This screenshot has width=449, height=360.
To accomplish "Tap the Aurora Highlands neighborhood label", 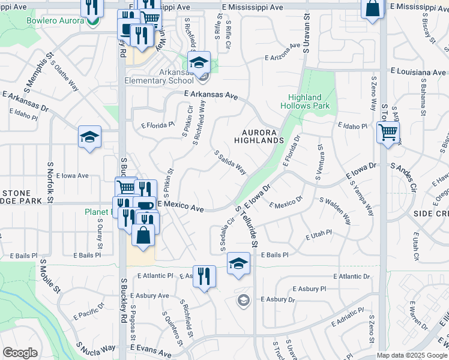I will click(x=262, y=136).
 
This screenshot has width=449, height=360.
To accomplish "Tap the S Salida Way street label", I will click(x=231, y=162).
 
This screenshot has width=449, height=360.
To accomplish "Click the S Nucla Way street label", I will click(x=95, y=347).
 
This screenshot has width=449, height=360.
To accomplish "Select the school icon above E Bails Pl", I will click(x=238, y=263).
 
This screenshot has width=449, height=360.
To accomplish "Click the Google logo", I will click(x=20, y=353).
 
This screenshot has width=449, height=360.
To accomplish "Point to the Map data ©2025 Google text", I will click(x=412, y=355).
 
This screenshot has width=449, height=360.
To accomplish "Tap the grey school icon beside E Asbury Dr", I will click(x=243, y=300).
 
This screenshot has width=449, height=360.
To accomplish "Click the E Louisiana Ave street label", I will click(x=417, y=72).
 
